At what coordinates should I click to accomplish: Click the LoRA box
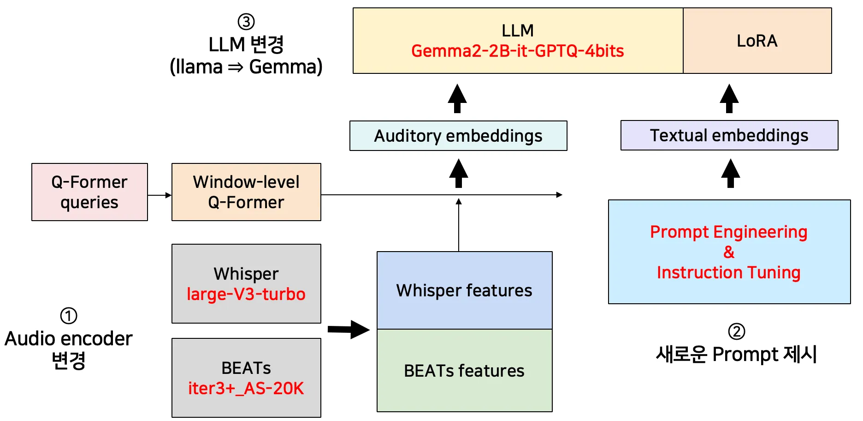click(757, 41)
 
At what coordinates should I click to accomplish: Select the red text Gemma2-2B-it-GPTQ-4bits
click(517, 51)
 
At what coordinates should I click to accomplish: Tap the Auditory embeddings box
click(458, 136)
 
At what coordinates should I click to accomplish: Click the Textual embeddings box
click(729, 135)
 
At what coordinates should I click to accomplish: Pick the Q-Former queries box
click(89, 192)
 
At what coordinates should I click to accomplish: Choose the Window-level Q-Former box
click(246, 192)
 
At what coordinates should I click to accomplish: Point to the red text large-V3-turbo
click(246, 294)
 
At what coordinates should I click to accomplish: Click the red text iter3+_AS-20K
click(246, 388)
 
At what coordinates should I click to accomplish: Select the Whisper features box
click(464, 290)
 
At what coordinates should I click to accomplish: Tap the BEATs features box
click(464, 371)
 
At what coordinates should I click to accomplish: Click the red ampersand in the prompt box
click(729, 252)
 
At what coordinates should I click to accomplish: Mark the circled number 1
click(69, 316)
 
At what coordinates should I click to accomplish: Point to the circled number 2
click(736, 331)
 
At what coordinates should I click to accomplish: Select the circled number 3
click(246, 22)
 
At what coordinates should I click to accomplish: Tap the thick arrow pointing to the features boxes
click(349, 330)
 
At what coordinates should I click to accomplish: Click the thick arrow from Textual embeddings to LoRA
click(729, 98)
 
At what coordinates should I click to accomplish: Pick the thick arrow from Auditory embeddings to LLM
click(457, 98)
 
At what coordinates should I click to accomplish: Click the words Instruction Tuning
click(728, 272)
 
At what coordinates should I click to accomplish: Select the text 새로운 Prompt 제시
click(736, 355)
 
